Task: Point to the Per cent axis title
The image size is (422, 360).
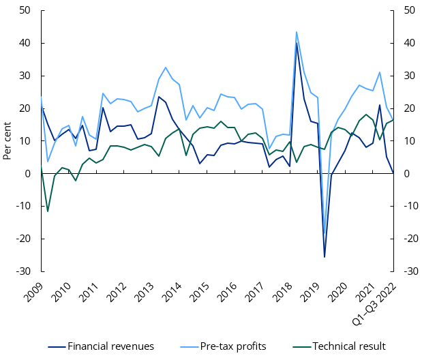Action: tap(7, 140)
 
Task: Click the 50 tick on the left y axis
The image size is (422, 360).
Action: tap(25, 10)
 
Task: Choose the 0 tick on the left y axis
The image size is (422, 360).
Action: tap(27, 174)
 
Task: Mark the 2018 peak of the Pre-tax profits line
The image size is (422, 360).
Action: tap(297, 31)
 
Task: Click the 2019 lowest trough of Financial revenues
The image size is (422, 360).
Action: tap(325, 257)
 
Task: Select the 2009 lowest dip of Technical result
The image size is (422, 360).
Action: tap(48, 211)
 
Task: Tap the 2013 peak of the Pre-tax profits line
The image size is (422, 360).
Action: tap(166, 67)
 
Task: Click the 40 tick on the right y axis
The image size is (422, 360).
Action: tap(410, 43)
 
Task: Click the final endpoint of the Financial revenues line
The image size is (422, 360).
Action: tap(394, 173)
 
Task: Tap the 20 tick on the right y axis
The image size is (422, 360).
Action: tap(410, 108)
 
